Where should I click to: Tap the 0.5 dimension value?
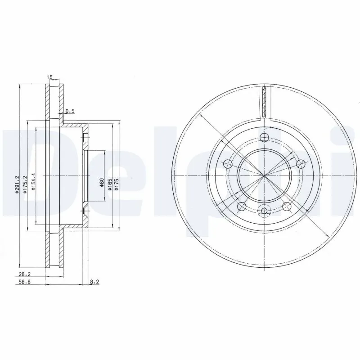click(x=69, y=111)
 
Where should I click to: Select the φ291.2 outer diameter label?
click(x=17, y=185)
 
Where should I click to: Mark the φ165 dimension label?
click(x=109, y=184)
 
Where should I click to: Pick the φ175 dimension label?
click(x=116, y=184)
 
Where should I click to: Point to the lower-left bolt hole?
click(x=242, y=206)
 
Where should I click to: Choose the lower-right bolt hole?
click(x=287, y=206)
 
